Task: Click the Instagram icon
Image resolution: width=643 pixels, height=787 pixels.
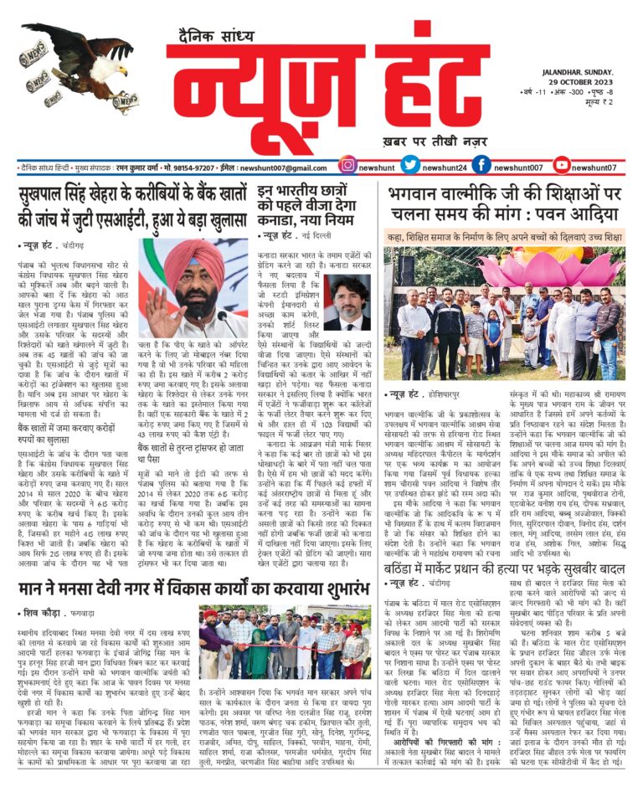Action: click(x=347, y=166)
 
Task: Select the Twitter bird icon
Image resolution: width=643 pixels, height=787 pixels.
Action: click(x=409, y=166)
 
